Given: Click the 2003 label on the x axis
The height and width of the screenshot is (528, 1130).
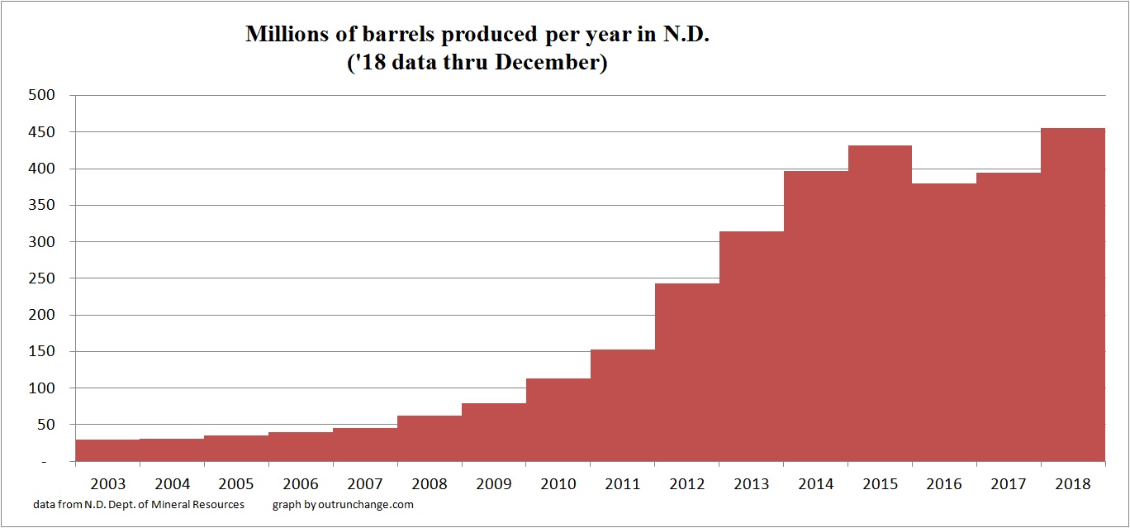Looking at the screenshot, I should pyautogui.click(x=107, y=484).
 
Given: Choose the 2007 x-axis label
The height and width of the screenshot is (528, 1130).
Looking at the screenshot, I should pyautogui.click(x=364, y=484).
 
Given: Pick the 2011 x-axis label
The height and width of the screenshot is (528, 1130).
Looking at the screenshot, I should pyautogui.click(x=622, y=484).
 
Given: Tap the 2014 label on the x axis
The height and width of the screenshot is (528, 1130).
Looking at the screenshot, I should pyautogui.click(x=815, y=484).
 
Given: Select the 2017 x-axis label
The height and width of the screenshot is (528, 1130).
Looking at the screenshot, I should pyautogui.click(x=1009, y=484).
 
